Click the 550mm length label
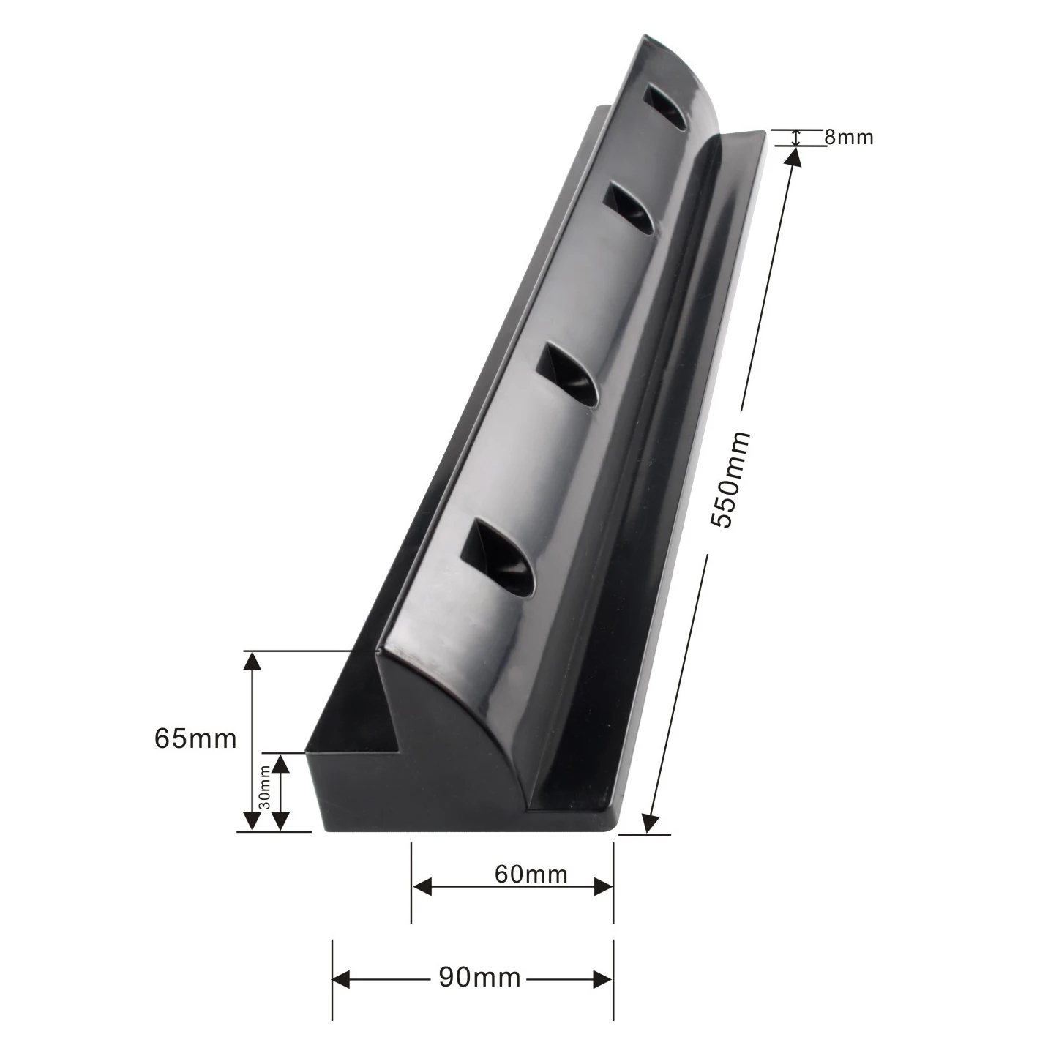coord(731,480)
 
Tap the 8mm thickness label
coord(849,137)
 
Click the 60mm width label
coord(531,874)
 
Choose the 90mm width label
coord(479,977)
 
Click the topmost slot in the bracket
coord(666,108)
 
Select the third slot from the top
coord(569,374)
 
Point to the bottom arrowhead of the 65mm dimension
coord(252,821)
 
